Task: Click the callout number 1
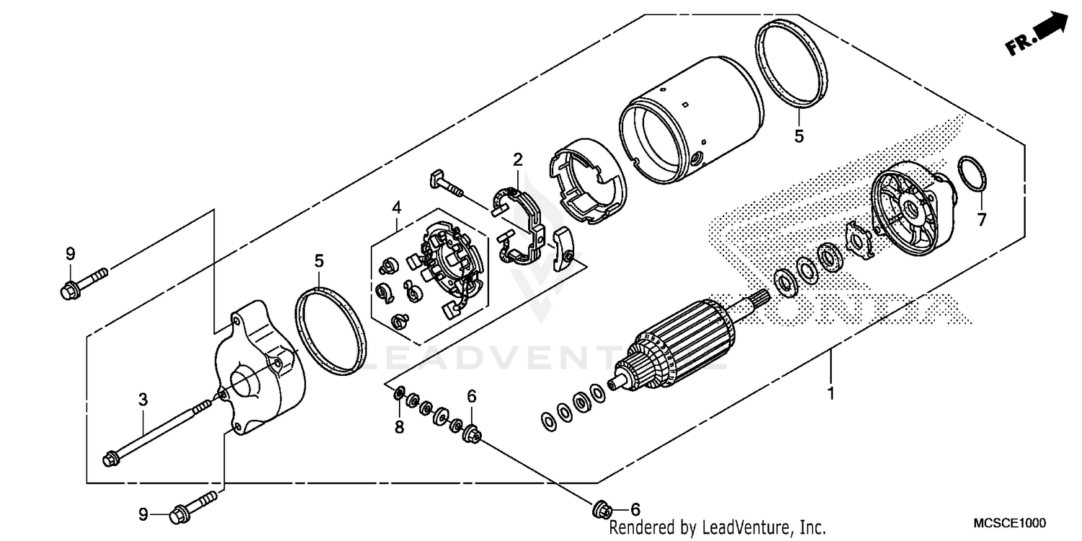[x=830, y=395]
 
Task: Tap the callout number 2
[x=517, y=159]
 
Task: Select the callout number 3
[x=143, y=398]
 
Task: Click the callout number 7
[x=981, y=220]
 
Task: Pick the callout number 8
[x=399, y=427]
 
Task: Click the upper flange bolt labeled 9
[x=83, y=283]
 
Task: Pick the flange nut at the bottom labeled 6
[x=599, y=509]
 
